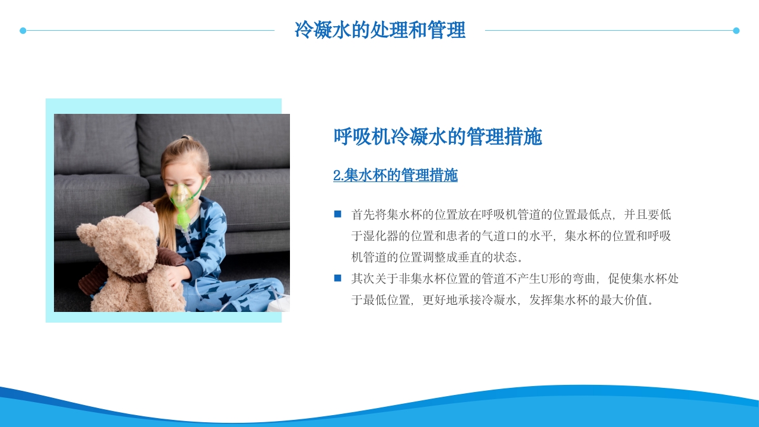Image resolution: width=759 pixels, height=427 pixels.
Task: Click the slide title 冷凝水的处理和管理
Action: coord(379,30)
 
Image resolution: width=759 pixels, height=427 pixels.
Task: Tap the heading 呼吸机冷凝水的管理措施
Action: coord(438,137)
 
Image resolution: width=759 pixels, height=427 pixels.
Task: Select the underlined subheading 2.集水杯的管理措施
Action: coord(396,176)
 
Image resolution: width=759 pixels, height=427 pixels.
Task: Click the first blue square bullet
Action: coord(338,214)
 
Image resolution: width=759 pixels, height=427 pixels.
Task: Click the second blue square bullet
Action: coord(338,278)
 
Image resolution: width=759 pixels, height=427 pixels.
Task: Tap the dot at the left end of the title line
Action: coord(23,30)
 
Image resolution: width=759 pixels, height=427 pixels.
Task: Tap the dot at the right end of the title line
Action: coord(736,30)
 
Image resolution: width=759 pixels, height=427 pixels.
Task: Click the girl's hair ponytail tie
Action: coord(186,139)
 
